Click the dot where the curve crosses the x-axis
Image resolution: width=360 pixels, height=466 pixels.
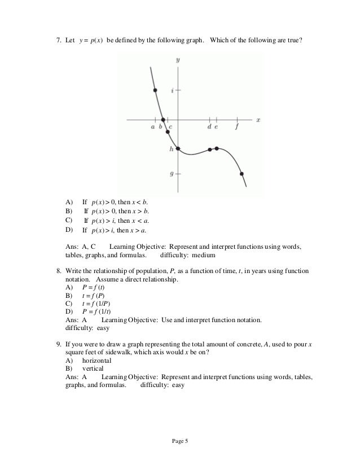click(x=163, y=120)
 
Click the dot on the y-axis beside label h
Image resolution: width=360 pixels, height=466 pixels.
click(x=178, y=148)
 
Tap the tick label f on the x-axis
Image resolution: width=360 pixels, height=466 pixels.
click(x=236, y=127)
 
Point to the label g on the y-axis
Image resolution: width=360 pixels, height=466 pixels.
click(x=172, y=174)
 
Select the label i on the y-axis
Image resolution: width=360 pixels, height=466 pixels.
click(x=172, y=90)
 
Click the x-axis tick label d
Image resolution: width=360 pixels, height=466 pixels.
click(x=209, y=127)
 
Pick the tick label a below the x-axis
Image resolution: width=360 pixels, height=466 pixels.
click(x=152, y=127)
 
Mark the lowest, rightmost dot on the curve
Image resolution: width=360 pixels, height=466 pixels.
click(x=242, y=174)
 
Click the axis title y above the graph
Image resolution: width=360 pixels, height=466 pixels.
click(x=178, y=59)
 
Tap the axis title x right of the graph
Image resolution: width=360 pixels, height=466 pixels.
click(x=258, y=120)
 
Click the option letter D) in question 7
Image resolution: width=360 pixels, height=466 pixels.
click(x=69, y=230)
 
